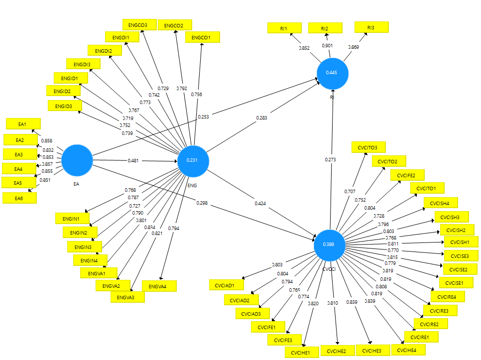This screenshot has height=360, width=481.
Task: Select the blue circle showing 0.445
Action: coord(332,73)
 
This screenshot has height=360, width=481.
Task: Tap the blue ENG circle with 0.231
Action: coord(192,160)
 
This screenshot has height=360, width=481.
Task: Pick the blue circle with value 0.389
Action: coord(329,244)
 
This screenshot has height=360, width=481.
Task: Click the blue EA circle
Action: coord(77,160)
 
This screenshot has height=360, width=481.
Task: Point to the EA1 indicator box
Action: coord(22,123)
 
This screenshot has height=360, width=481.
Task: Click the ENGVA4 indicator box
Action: coord(159,286)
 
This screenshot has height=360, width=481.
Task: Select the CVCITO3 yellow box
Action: coord(368,147)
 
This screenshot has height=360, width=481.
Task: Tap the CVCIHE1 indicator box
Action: coord(301,353)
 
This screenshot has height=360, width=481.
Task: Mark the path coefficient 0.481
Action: coord(133,161)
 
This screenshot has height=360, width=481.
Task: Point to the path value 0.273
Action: coord(331,160)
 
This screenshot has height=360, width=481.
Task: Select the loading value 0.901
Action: coord(327,46)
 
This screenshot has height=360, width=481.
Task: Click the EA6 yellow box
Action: coord(19,198)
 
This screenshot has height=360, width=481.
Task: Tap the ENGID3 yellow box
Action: coord(65,106)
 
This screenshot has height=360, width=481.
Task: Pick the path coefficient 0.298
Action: coord(202,203)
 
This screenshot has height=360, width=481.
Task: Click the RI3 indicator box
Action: coord(371,27)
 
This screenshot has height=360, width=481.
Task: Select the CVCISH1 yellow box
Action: coord(461,242)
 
